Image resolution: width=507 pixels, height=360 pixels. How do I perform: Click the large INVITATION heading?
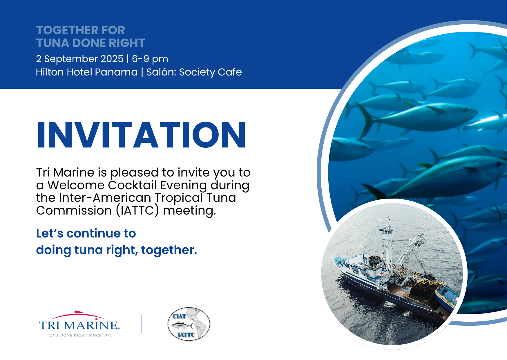[141, 135]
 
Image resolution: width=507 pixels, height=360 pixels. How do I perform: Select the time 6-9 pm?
[150, 59]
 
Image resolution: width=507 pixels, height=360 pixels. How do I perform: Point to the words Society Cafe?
[210, 72]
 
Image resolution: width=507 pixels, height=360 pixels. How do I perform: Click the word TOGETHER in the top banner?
[64, 30]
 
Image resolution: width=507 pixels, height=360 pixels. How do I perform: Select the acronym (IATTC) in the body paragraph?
[138, 210]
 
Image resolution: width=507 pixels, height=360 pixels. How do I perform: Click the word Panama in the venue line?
[116, 72]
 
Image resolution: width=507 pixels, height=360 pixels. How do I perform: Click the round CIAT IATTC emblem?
[189, 324]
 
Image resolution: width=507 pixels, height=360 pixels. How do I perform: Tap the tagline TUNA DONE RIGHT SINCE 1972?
[79, 335]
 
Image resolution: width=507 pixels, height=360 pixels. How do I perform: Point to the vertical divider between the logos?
[142, 324]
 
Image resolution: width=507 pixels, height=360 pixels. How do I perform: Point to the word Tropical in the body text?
[178, 198]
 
